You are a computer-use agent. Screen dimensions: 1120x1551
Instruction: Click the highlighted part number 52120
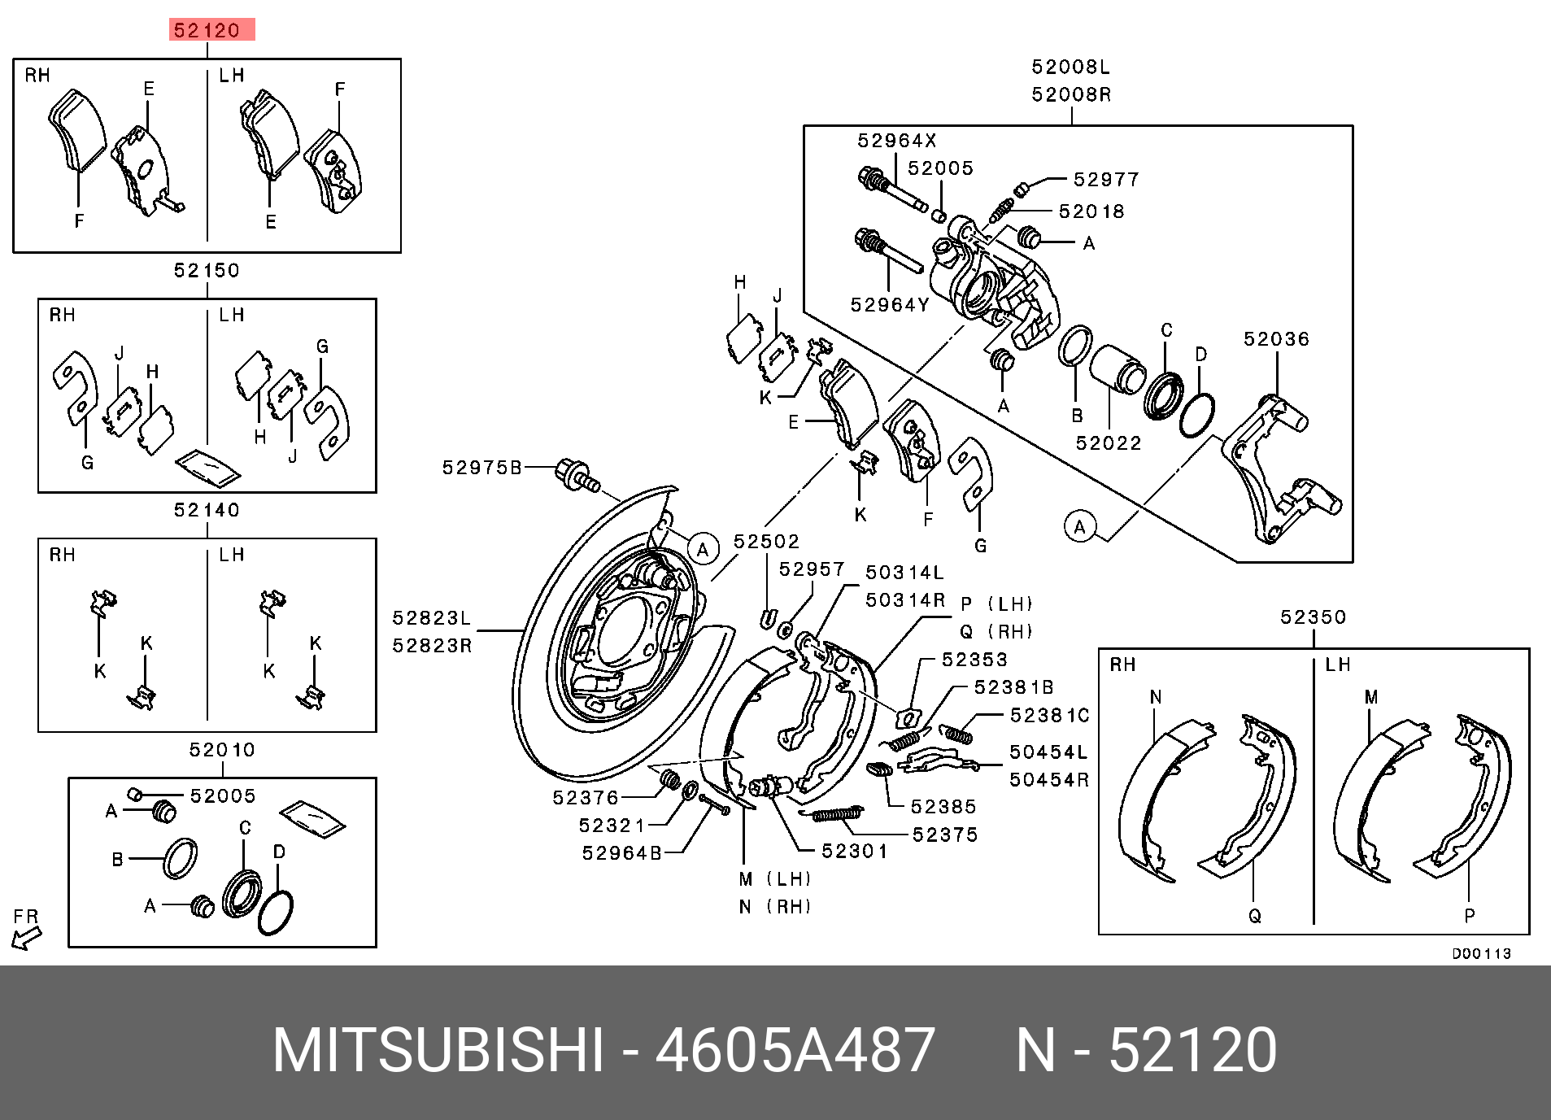click(x=207, y=31)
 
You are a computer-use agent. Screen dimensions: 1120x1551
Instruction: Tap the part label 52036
click(x=1276, y=338)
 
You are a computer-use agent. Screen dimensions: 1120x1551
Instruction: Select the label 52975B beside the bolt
click(x=482, y=468)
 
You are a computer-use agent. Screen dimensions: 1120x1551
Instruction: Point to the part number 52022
click(x=1109, y=443)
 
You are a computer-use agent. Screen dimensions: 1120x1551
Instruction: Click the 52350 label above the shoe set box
click(x=1314, y=617)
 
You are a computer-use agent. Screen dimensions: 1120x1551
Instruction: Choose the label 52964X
click(x=897, y=141)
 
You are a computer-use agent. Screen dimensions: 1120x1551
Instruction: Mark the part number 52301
click(x=854, y=851)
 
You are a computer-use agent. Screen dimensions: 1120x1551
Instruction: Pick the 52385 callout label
click(x=943, y=807)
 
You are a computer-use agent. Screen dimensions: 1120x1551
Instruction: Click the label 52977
click(x=1106, y=180)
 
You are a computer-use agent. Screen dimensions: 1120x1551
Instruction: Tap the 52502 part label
click(x=766, y=542)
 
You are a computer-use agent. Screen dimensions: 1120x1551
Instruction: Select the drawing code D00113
click(x=1481, y=953)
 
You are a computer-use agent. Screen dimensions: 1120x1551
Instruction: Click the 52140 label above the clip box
click(x=207, y=510)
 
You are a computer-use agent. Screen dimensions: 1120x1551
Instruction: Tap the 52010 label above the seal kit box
click(x=222, y=750)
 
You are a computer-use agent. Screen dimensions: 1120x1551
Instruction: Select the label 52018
click(x=1091, y=211)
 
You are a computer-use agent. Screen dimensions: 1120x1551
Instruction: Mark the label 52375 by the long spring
click(x=945, y=835)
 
